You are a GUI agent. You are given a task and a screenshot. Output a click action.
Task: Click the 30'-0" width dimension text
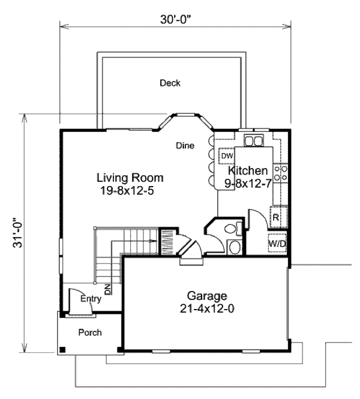click(175, 19)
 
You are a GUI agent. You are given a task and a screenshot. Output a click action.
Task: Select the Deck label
click(170, 83)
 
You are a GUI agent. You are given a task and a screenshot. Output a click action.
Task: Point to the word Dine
click(184, 145)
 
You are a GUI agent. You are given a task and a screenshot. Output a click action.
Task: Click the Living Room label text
click(130, 178)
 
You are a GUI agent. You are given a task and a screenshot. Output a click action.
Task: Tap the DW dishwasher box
click(226, 156)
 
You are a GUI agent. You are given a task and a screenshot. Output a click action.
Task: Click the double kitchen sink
click(254, 141)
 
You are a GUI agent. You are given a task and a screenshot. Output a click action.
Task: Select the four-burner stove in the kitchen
click(280, 174)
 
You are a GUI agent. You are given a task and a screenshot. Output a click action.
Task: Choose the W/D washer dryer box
click(277, 244)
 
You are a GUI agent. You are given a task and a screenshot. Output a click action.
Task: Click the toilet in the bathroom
click(230, 229)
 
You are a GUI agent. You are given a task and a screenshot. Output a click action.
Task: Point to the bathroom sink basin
click(234, 247)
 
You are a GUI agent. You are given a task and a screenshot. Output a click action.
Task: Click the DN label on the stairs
click(107, 289)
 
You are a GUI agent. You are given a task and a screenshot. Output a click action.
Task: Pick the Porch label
click(90, 332)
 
